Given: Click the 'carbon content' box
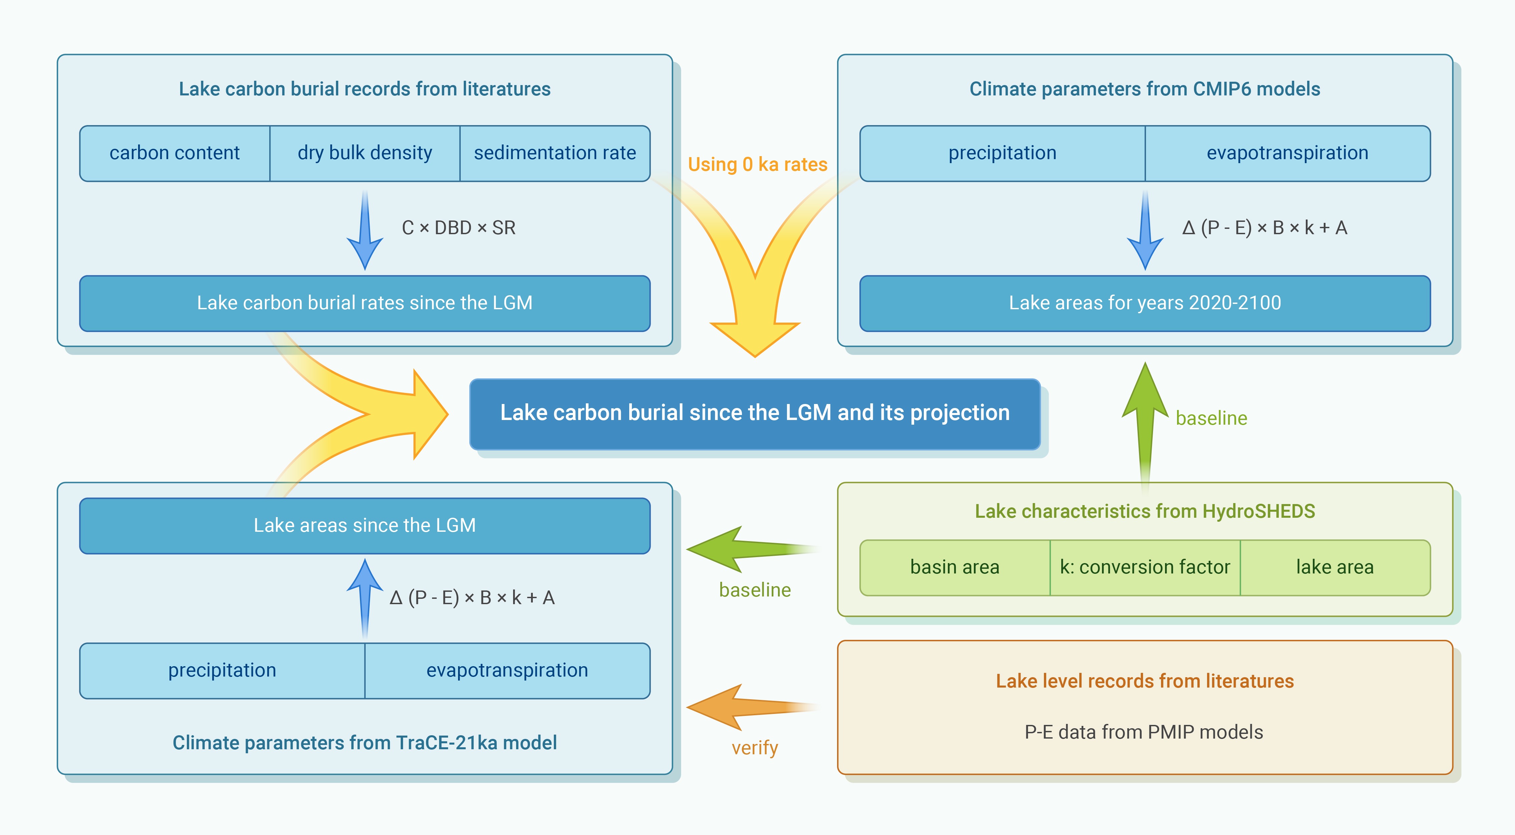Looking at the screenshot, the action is [x=175, y=153].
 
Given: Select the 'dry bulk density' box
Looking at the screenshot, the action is [x=365, y=153].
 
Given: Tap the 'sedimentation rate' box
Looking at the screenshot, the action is [x=554, y=153].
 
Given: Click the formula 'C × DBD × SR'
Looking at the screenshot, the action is [x=459, y=228].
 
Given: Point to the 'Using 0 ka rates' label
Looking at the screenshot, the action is [x=757, y=164].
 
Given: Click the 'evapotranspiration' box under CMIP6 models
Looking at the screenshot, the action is [x=1287, y=153].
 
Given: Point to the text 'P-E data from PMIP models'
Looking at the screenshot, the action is [x=1144, y=732].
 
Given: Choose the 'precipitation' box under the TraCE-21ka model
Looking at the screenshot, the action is [x=222, y=670].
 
